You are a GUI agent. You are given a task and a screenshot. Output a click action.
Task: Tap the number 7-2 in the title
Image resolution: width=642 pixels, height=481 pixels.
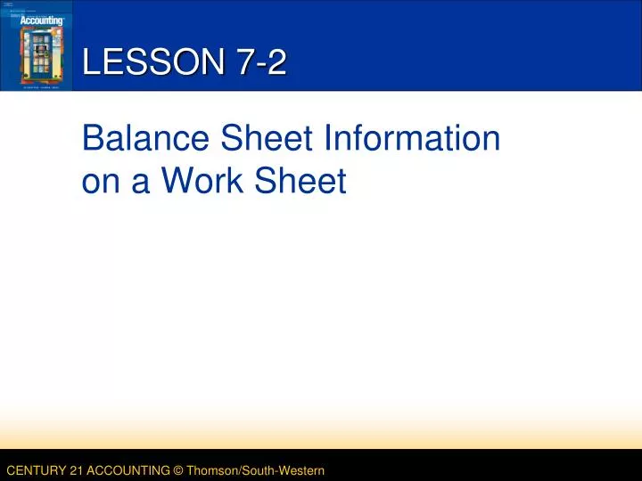(262, 62)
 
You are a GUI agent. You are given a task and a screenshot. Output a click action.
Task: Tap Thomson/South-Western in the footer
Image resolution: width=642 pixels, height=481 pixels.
(254, 469)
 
